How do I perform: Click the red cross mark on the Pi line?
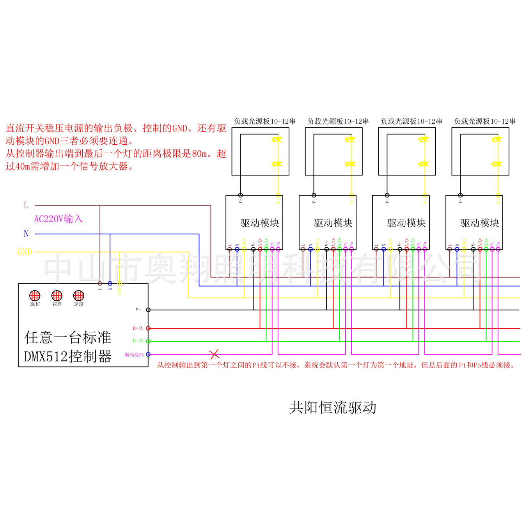point(215,354)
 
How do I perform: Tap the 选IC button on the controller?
point(35,295)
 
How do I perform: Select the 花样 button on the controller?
point(57,295)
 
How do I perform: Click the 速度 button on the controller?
point(79,295)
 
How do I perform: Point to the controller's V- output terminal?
point(148,310)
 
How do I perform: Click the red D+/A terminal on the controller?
point(148,328)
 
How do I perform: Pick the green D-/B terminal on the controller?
point(148,341)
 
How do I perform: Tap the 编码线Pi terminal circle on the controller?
point(148,355)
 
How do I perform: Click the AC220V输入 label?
point(59,219)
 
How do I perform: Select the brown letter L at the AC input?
point(26,205)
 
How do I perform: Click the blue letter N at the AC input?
point(26,234)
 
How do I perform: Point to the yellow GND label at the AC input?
point(25,252)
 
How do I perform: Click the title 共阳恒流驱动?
point(333,408)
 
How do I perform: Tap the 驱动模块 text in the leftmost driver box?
point(260,223)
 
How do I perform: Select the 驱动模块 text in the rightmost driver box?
point(480,223)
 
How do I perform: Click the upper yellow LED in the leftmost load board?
point(278,139)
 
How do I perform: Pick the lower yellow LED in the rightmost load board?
point(498,164)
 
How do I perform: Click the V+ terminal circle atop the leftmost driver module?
point(241,195)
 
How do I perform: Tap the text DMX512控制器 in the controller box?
point(68,357)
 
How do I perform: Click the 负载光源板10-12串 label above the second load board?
point(338,121)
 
